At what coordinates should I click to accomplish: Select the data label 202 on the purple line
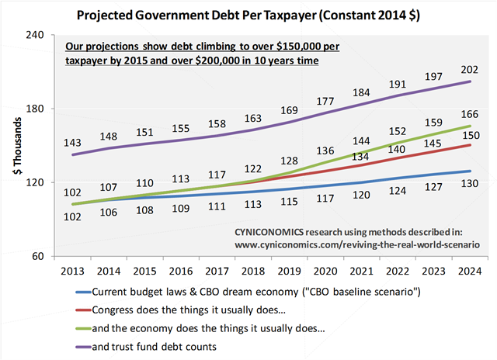click(x=470, y=69)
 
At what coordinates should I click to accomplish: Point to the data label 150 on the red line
click(x=470, y=135)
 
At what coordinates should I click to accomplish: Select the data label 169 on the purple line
click(x=289, y=110)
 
